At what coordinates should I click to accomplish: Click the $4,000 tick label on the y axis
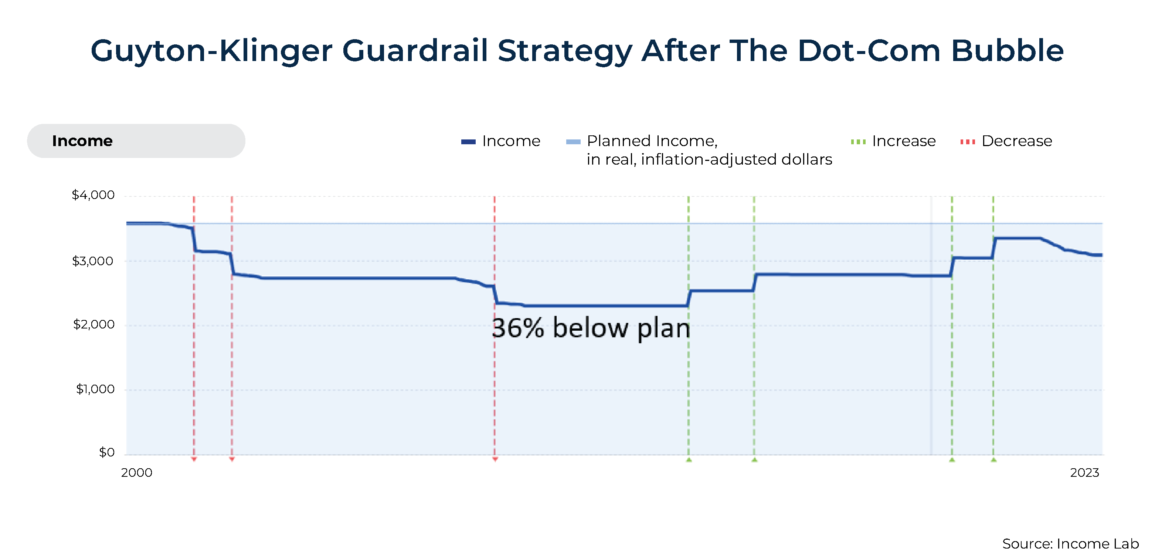[93, 195]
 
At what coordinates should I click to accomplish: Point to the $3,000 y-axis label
[93, 261]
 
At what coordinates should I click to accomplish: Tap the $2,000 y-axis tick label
[94, 324]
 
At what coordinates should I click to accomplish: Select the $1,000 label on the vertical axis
[95, 389]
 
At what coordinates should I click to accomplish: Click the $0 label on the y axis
[107, 452]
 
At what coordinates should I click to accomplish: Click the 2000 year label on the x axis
[137, 472]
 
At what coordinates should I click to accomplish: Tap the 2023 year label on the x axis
[1085, 472]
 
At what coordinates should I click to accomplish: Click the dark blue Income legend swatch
[468, 142]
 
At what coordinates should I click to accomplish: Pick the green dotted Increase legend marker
[858, 142]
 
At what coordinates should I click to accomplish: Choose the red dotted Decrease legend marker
[968, 142]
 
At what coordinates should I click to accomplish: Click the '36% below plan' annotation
[591, 328]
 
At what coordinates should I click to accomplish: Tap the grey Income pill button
[136, 141]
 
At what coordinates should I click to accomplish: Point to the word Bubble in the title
[1008, 50]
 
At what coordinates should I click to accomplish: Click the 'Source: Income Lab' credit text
[1071, 544]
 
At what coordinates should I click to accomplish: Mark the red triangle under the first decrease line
[194, 459]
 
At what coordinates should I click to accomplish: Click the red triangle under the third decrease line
[495, 459]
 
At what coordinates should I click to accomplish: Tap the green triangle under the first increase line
[689, 459]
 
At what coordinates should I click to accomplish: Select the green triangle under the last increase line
[993, 459]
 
